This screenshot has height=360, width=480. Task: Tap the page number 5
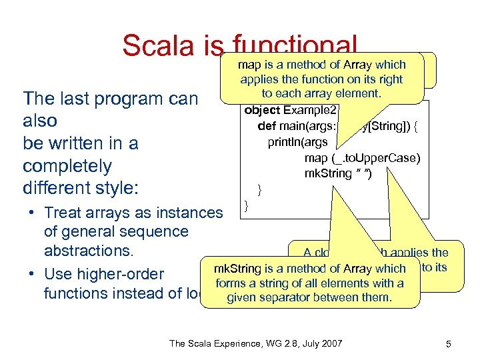coord(449,344)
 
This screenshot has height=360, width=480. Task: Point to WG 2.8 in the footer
coord(270,343)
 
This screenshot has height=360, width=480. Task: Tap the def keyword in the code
coord(267,126)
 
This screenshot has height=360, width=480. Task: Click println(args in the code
coord(299,142)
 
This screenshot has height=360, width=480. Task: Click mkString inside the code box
coord(327,173)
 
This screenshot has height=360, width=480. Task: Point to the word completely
coord(67,166)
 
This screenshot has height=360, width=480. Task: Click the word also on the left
coord(40,121)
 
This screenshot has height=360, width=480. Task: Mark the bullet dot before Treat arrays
coord(31,213)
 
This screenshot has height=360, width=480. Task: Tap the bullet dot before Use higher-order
coord(31,273)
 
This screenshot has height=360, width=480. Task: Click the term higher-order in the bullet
coord(121,273)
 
